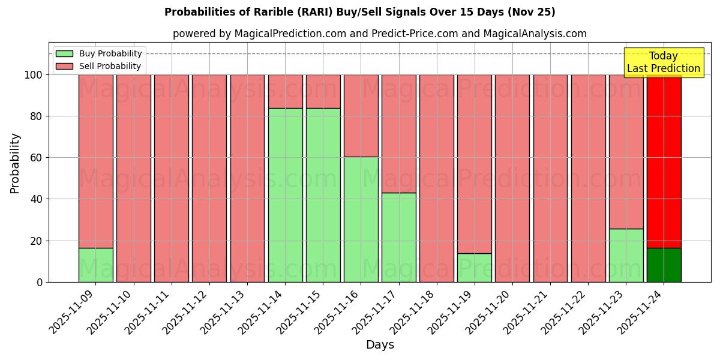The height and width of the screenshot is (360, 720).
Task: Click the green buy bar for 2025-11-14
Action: (x=285, y=195)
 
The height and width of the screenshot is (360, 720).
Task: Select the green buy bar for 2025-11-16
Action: (x=361, y=219)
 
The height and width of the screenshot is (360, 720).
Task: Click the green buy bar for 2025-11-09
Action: (x=95, y=265)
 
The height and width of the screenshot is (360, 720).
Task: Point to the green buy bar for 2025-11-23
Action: (x=626, y=255)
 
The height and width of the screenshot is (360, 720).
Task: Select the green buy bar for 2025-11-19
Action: (x=475, y=268)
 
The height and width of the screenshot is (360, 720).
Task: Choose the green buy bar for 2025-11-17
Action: (x=398, y=237)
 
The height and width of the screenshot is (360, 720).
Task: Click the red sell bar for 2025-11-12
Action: (x=209, y=178)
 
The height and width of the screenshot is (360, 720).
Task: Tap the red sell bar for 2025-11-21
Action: (x=550, y=178)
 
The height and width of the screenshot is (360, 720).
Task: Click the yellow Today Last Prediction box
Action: (x=663, y=62)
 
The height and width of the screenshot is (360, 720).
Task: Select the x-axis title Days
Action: (x=380, y=345)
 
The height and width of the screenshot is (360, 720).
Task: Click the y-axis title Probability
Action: (x=15, y=163)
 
